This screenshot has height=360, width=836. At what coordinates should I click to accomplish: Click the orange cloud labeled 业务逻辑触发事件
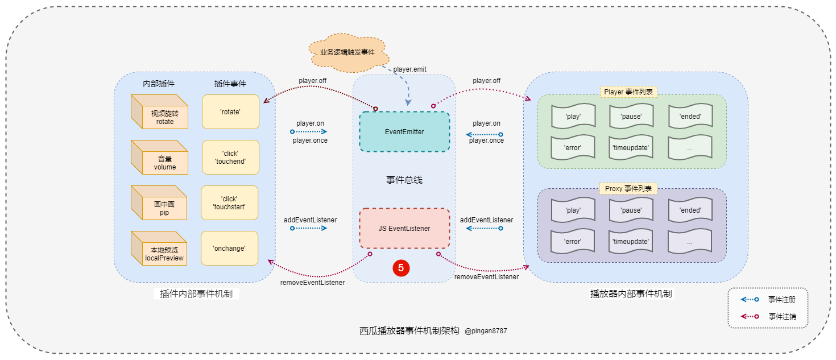point(347,52)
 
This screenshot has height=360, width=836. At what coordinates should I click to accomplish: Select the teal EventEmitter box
point(404,131)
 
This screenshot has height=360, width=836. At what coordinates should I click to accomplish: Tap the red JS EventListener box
point(404,228)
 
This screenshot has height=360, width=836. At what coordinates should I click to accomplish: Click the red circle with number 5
point(401,268)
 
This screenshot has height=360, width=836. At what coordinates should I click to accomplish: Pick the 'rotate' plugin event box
point(230,111)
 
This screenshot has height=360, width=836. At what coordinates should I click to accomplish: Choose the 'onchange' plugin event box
point(229,248)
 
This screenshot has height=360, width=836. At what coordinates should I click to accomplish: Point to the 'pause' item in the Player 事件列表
point(631,117)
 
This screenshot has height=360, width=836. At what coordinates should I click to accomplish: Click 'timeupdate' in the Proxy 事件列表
point(631,242)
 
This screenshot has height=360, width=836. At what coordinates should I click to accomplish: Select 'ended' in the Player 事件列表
point(690,117)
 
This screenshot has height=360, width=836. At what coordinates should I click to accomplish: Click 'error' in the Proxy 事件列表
point(573,242)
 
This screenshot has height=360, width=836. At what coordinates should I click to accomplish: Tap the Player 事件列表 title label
point(628,92)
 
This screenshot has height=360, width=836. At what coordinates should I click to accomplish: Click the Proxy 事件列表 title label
point(628,189)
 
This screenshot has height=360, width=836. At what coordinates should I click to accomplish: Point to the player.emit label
point(409,69)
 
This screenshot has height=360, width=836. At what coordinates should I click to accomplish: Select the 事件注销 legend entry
point(781,316)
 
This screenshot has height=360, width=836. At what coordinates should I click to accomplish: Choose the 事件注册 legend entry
point(781,299)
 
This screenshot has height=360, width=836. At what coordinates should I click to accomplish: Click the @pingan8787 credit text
point(486,330)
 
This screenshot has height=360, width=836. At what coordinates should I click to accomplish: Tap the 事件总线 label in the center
point(404,180)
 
